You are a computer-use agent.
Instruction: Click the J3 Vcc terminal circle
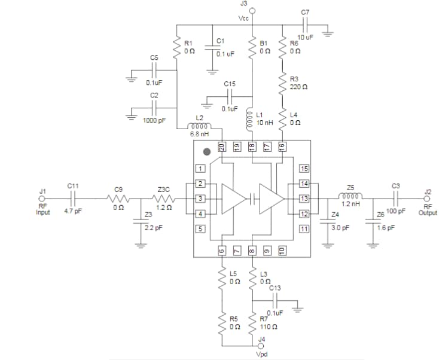[x=252, y=11]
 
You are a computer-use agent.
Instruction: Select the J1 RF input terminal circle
[x=42, y=199]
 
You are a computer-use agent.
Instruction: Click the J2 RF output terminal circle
[x=428, y=199]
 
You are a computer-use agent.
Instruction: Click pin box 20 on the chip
[x=221, y=145]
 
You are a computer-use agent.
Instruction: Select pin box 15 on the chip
[x=304, y=169]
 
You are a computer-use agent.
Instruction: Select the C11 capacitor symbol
[x=72, y=199]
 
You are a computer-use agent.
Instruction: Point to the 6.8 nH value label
[x=199, y=134]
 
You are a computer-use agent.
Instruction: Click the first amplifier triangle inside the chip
[x=233, y=199]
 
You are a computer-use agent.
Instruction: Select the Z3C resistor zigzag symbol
[x=163, y=199]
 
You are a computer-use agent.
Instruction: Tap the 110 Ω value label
[x=267, y=327]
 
